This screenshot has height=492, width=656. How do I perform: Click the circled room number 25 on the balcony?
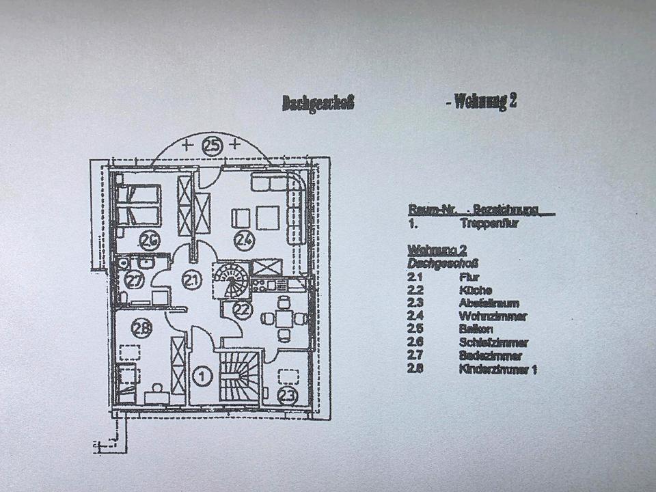coord(213,145)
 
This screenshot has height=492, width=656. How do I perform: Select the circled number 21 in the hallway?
coord(193,280)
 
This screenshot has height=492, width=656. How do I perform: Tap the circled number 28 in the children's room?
coord(141,329)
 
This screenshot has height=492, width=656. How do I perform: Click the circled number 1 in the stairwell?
coord(202,374)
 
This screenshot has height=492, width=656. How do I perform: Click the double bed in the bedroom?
coord(139,205)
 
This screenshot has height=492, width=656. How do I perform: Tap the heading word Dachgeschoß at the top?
coord(318,103)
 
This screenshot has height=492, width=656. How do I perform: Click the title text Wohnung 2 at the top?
coord(483,102)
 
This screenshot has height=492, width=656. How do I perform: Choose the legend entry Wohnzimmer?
coord(493,316)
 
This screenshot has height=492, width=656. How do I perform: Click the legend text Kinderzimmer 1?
coord(498,370)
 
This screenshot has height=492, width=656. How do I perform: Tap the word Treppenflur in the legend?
coord(491,223)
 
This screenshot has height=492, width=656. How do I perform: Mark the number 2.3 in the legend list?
coord(415,303)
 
